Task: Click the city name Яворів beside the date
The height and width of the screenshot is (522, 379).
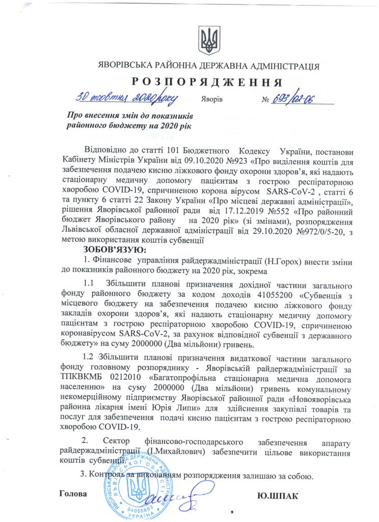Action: click(212, 98)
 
